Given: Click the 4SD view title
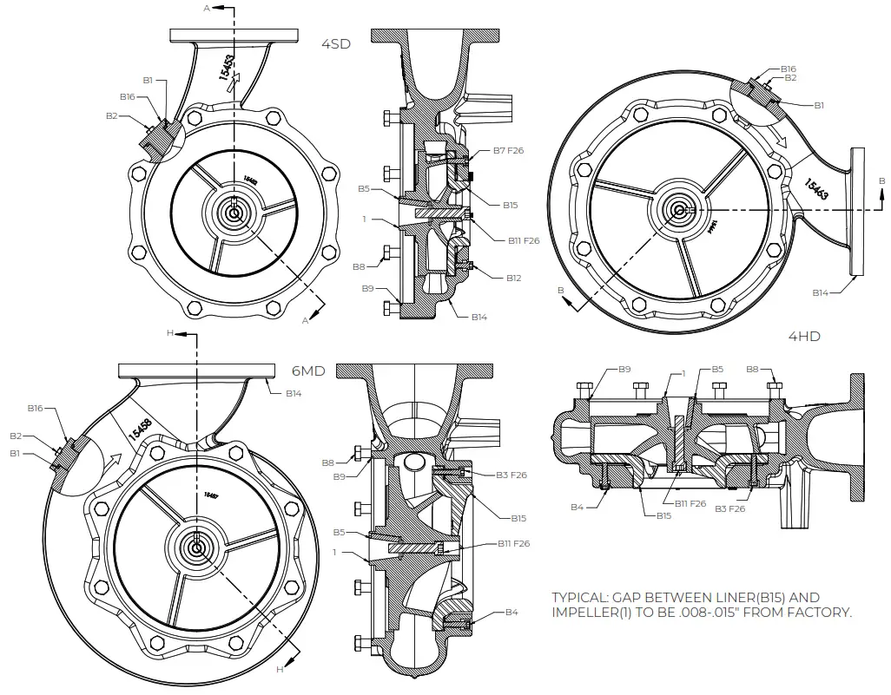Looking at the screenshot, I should pyautogui.click(x=336, y=44).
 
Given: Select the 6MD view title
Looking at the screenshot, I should pyautogui.click(x=308, y=370).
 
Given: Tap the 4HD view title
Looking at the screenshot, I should pyautogui.click(x=803, y=336).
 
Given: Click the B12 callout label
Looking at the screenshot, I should pyautogui.click(x=513, y=278).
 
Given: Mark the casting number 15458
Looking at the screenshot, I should pyautogui.click(x=140, y=427).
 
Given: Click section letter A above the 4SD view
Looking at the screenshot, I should pyautogui.click(x=207, y=8).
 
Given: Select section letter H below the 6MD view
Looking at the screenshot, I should pyautogui.click(x=279, y=670).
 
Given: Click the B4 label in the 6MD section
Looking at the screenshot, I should pyautogui.click(x=511, y=613).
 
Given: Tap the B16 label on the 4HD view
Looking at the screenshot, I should pyautogui.click(x=788, y=69).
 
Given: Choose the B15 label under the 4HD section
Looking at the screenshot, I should pyautogui.click(x=663, y=515).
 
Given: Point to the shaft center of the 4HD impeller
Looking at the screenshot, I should pyautogui.click(x=677, y=209).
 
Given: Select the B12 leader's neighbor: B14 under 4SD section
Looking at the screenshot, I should pyautogui.click(x=479, y=318).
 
